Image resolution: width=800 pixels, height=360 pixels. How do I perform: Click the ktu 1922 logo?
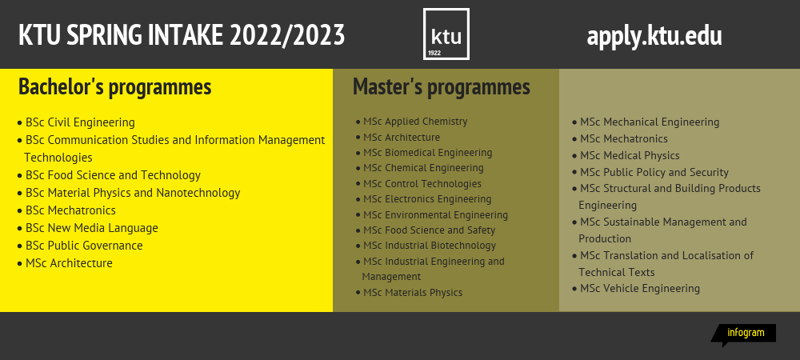tap(446, 34)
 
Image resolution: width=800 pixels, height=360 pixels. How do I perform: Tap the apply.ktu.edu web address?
tap(654, 37)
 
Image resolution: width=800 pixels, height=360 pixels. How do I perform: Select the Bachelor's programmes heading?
tap(114, 86)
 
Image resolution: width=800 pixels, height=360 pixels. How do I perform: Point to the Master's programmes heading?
tap(442, 86)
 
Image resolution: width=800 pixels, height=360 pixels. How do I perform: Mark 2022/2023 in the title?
tap(287, 35)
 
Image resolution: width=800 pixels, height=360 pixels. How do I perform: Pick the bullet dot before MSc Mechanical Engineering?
tap(574, 122)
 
